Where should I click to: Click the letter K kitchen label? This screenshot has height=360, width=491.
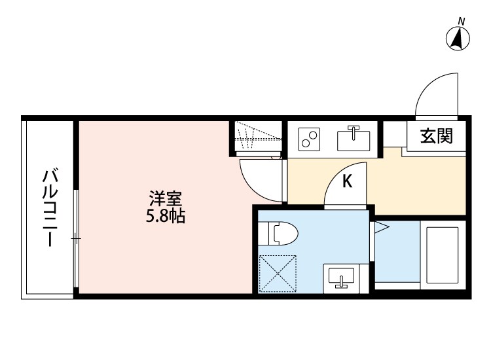click(348, 181)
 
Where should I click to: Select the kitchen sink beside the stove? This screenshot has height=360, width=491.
click(354, 139)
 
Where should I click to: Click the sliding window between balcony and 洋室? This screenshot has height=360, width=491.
click(76, 239)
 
